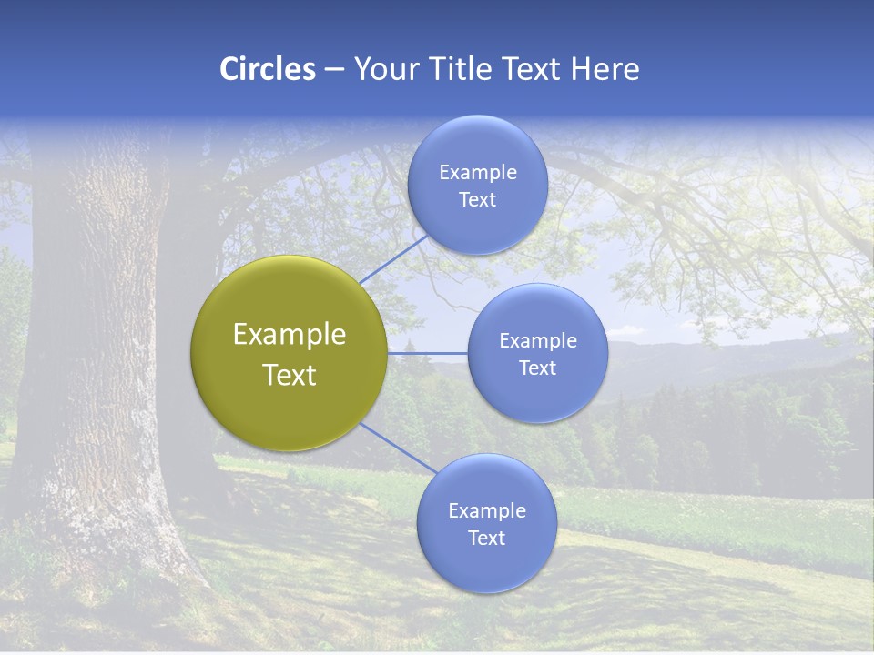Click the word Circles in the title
(267, 69)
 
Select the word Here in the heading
(606, 69)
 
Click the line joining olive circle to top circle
(393, 258)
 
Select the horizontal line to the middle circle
(428, 353)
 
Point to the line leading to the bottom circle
(397, 448)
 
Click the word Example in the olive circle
(289, 335)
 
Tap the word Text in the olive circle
(289, 375)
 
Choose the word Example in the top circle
(477, 172)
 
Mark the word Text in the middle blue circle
(537, 368)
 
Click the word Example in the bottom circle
(486, 510)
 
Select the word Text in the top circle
(477, 199)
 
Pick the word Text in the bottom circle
(486, 538)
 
